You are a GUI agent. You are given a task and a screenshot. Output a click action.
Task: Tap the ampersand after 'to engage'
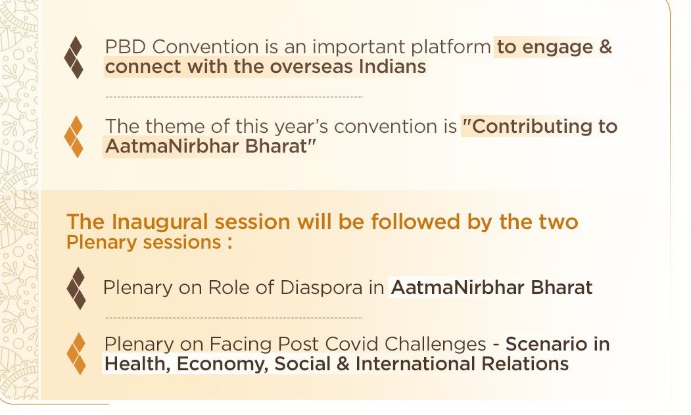tap(606, 47)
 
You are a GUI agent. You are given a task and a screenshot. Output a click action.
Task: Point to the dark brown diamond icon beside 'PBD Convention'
tap(74, 57)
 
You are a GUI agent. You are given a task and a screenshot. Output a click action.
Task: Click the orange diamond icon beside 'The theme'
tap(74, 137)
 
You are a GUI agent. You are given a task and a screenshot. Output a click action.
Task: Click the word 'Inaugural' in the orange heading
tap(160, 222)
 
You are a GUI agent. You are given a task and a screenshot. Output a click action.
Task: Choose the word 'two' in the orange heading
tap(558, 222)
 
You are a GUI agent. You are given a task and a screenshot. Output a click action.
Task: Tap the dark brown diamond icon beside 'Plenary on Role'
tap(76, 288)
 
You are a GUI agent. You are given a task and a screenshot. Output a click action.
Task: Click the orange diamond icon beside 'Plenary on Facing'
tap(76, 354)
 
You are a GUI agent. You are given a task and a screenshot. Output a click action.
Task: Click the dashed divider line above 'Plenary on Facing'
tap(235, 318)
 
